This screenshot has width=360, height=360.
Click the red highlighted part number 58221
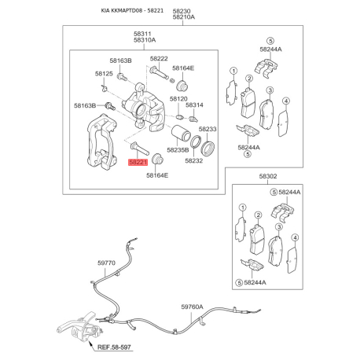pos(138,162)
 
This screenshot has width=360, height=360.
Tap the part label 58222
pos(159,58)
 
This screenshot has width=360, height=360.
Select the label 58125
pos(104,74)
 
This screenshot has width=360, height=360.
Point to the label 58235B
pos(178,150)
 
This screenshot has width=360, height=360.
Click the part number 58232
pos(194,160)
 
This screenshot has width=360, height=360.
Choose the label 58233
pos(208,129)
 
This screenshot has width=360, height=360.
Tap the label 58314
pos(194,105)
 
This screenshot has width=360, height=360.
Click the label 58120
pos(178,99)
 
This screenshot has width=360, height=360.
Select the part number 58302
pos(268,176)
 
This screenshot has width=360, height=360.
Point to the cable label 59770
pos(106,263)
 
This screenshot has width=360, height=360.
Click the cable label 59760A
pos(192,307)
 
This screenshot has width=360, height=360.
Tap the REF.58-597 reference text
pos(114,347)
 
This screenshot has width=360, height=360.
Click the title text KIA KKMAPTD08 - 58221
pos(132,10)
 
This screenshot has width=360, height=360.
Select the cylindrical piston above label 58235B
pos(181,133)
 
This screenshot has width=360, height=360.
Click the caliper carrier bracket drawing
pos(101,142)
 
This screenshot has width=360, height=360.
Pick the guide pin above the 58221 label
pos(140,148)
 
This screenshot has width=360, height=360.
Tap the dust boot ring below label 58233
pos(208,148)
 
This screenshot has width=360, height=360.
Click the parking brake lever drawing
pos(78,328)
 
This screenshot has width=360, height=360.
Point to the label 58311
pos(142,34)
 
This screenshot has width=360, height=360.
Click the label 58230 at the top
pos(182,11)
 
